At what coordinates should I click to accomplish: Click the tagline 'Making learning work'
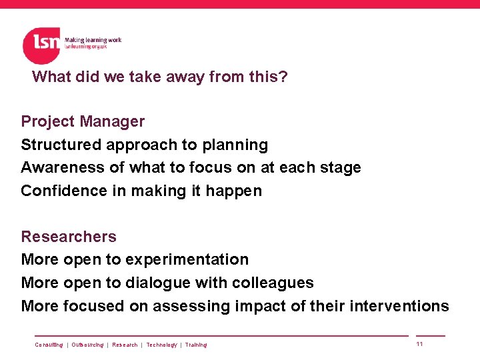[93, 40]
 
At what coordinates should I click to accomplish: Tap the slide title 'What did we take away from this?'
[160, 77]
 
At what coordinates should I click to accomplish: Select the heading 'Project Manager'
[83, 121]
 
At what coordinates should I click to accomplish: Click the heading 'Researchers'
[69, 237]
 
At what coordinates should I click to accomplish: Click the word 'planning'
[239, 145]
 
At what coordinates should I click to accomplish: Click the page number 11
[419, 344]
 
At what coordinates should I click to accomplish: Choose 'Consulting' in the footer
[49, 345]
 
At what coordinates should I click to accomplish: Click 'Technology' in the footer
[162, 345]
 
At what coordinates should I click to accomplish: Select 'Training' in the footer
[196, 345]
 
